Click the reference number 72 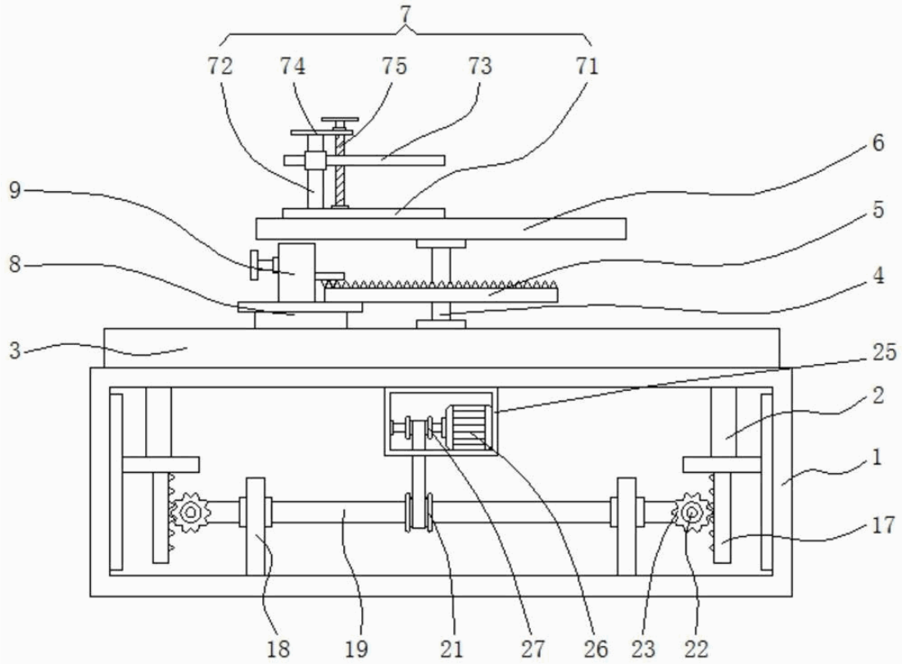coord(220,66)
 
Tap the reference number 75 coord(394,66)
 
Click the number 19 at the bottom coord(356,649)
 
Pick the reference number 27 coord(533,649)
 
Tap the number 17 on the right coord(884,525)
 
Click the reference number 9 coord(16,189)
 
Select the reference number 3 coord(15,350)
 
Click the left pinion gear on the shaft coord(190,511)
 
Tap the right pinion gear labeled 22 coord(693,511)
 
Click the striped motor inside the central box coord(468,427)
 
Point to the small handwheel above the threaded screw coord(340,121)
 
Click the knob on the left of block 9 coord(260,265)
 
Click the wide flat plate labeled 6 coord(441,229)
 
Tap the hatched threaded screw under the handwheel coord(340,170)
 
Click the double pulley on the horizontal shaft coord(419,512)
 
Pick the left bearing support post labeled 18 coord(256,526)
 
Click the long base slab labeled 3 coord(442,348)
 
